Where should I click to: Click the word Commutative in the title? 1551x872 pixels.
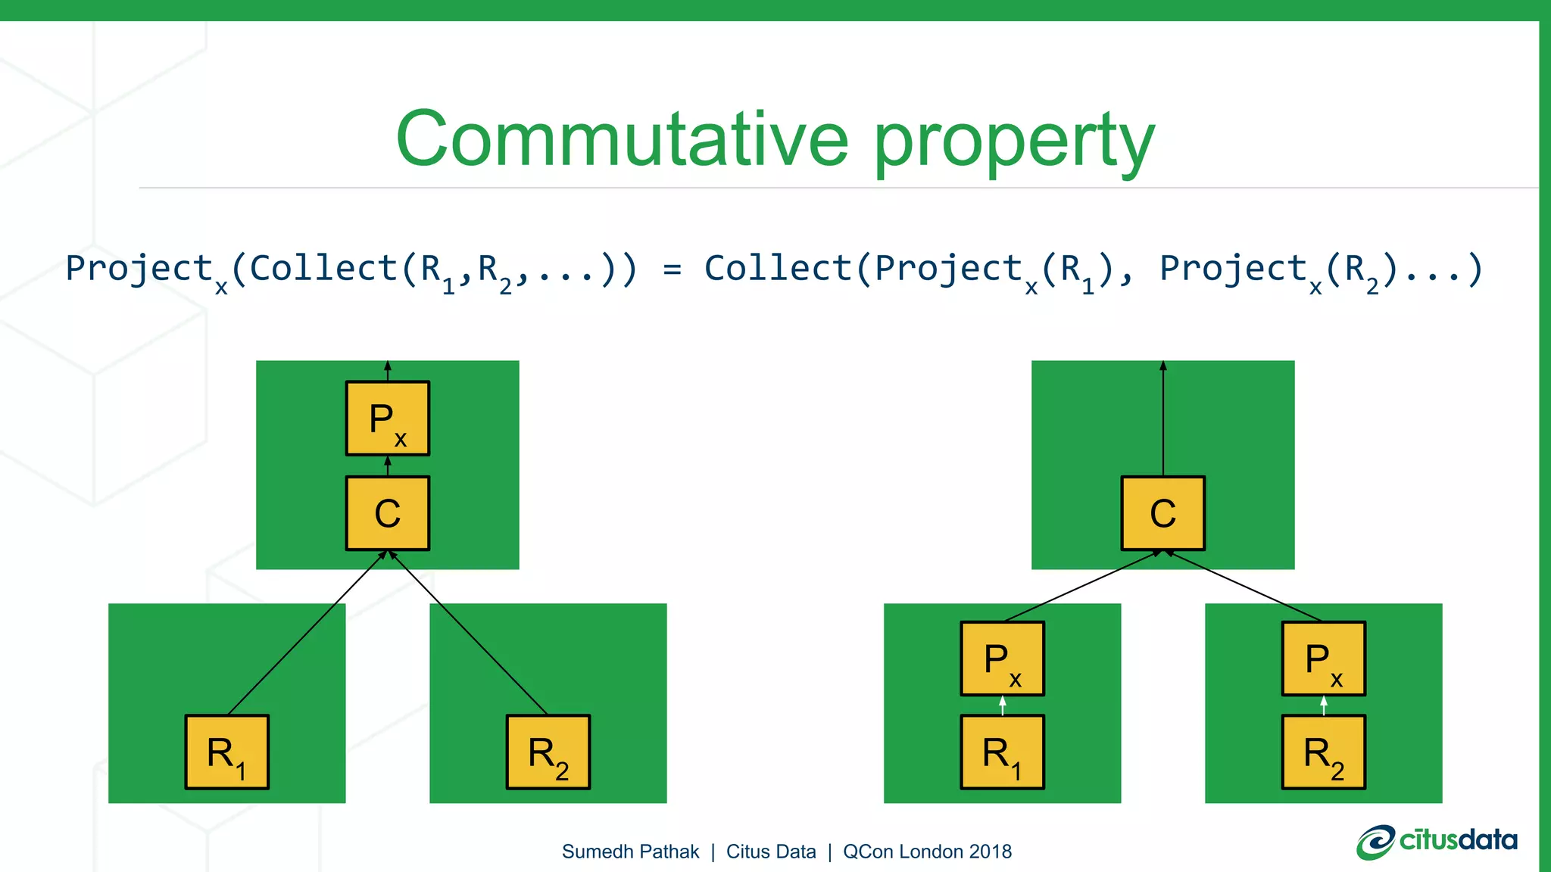click(x=621, y=139)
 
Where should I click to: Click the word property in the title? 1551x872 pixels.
click(x=1015, y=144)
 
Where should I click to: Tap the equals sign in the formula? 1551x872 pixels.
click(x=672, y=269)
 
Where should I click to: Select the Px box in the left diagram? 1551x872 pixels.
click(x=388, y=419)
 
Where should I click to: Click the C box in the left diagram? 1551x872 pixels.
click(x=388, y=513)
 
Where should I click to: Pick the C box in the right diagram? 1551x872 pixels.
click(x=1162, y=513)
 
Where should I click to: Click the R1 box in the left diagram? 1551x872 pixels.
click(x=227, y=752)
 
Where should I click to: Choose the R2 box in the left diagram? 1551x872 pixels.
click(x=548, y=752)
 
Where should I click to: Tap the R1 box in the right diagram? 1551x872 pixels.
click(x=1002, y=752)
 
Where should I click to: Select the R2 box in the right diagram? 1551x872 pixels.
click(x=1323, y=752)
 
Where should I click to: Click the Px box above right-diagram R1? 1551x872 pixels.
click(x=1002, y=659)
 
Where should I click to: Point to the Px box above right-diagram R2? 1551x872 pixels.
click(x=1323, y=659)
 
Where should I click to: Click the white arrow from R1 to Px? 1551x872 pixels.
click(x=1003, y=705)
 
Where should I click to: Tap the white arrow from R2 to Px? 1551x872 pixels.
click(x=1324, y=705)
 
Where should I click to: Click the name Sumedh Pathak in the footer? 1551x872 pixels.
click(x=630, y=852)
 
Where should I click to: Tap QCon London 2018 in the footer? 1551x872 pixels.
click(x=927, y=852)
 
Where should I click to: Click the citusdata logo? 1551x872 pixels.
click(x=1437, y=842)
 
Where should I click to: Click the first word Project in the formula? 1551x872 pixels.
click(x=139, y=269)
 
